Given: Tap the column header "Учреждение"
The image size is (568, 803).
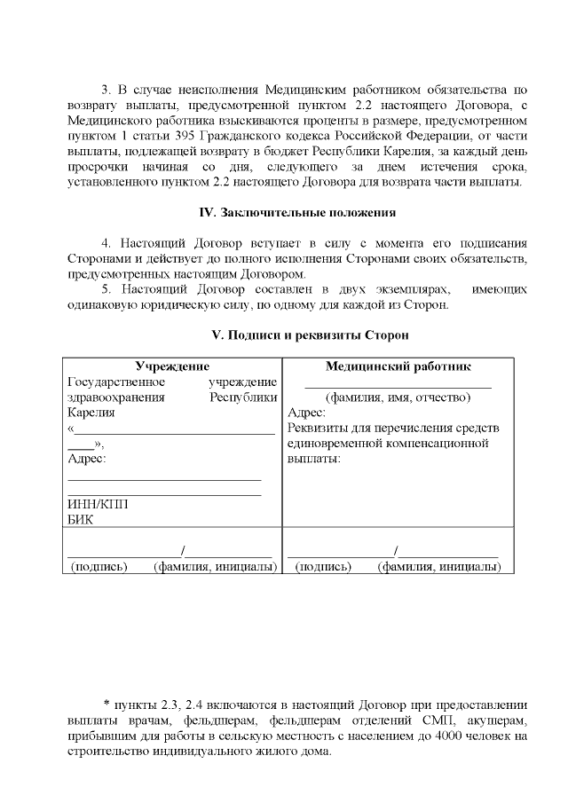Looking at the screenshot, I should [171, 366].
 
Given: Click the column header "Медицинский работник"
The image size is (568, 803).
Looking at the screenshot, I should [398, 366].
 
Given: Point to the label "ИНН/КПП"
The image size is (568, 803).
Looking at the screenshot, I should [97, 504].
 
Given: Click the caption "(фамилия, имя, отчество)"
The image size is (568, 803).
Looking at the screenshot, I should [398, 398].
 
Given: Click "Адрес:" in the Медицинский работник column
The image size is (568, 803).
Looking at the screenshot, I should [306, 413].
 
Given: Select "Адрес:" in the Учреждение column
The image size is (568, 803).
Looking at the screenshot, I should [86, 459].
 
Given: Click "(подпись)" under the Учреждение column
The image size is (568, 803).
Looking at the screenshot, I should [99, 566].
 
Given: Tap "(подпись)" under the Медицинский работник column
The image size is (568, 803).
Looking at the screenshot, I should [322, 566].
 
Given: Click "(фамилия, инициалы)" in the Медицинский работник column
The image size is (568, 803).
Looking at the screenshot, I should [438, 566].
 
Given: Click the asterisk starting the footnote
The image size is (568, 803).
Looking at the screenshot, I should [106, 704].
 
